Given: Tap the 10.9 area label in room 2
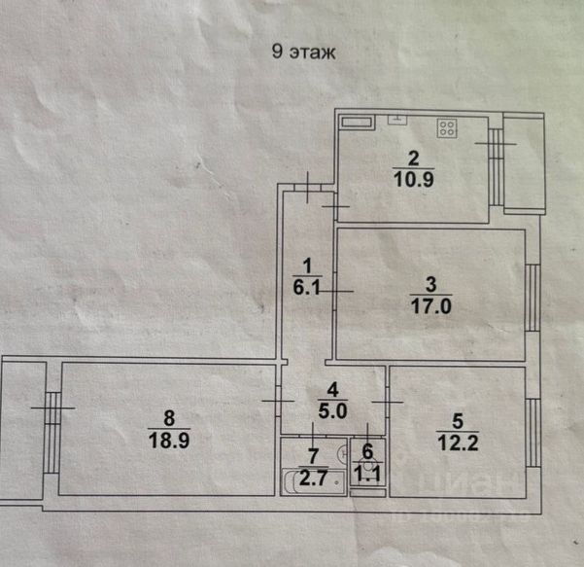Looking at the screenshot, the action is point(413,177).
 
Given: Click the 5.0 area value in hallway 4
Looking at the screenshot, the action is point(332,409).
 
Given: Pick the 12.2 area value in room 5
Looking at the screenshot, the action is point(459,443).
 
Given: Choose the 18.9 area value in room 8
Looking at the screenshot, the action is point(169,439).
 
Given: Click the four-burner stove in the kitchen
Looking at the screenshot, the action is point(448,126).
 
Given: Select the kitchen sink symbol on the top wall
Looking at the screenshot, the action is point(398,121).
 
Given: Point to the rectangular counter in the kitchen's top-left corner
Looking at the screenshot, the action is point(355,123).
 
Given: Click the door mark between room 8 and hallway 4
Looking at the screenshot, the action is point(276,401).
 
